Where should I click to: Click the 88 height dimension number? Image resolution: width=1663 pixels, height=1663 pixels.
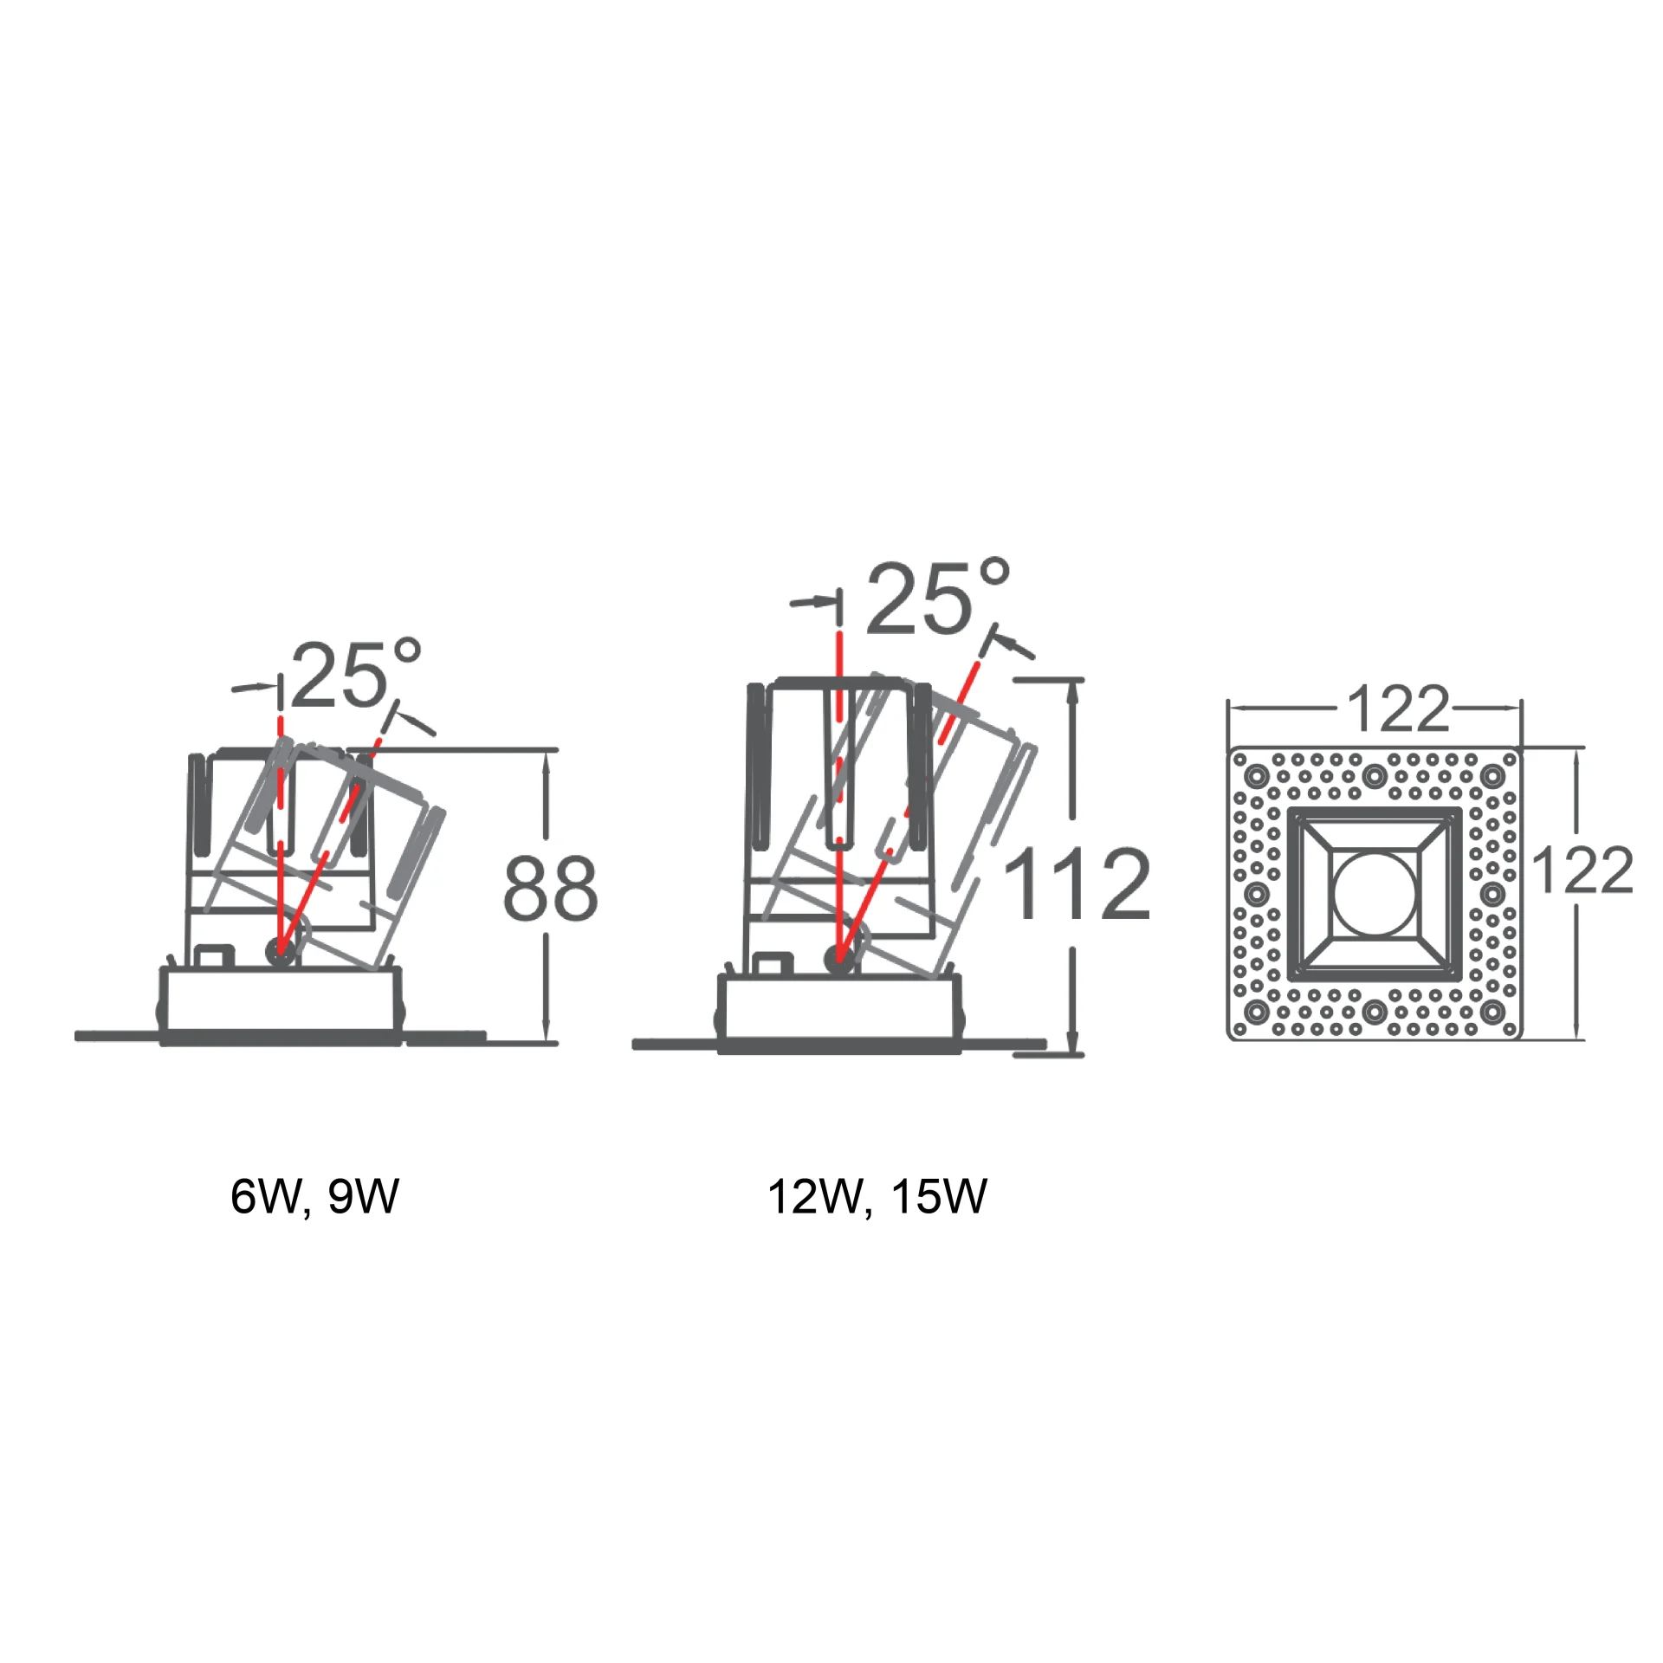click(551, 888)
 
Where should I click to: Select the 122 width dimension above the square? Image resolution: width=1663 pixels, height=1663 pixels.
click(1398, 709)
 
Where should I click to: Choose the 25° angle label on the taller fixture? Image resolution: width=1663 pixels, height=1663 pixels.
click(938, 597)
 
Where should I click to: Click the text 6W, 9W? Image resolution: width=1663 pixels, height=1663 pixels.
click(314, 1196)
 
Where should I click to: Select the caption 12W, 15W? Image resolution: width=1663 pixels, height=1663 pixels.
click(877, 1196)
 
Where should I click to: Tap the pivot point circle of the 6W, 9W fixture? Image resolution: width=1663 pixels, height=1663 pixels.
click(279, 952)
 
